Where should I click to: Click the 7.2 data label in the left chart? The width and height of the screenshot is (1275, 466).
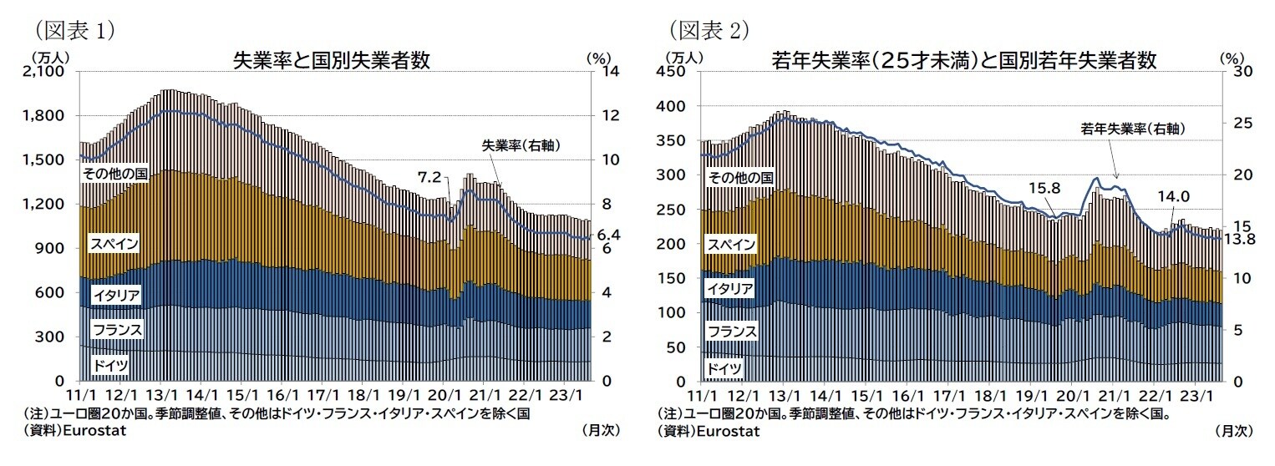click(429, 177)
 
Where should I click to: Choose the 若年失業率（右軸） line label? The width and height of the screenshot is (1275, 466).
click(1133, 129)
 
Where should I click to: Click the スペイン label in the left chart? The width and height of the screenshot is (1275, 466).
click(114, 244)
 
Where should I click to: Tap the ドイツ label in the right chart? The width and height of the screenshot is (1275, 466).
click(724, 368)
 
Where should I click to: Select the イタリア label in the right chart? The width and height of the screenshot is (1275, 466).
click(730, 289)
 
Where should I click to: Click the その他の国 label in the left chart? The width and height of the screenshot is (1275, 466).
click(114, 173)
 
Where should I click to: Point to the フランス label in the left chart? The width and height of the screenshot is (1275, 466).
click(118, 330)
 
